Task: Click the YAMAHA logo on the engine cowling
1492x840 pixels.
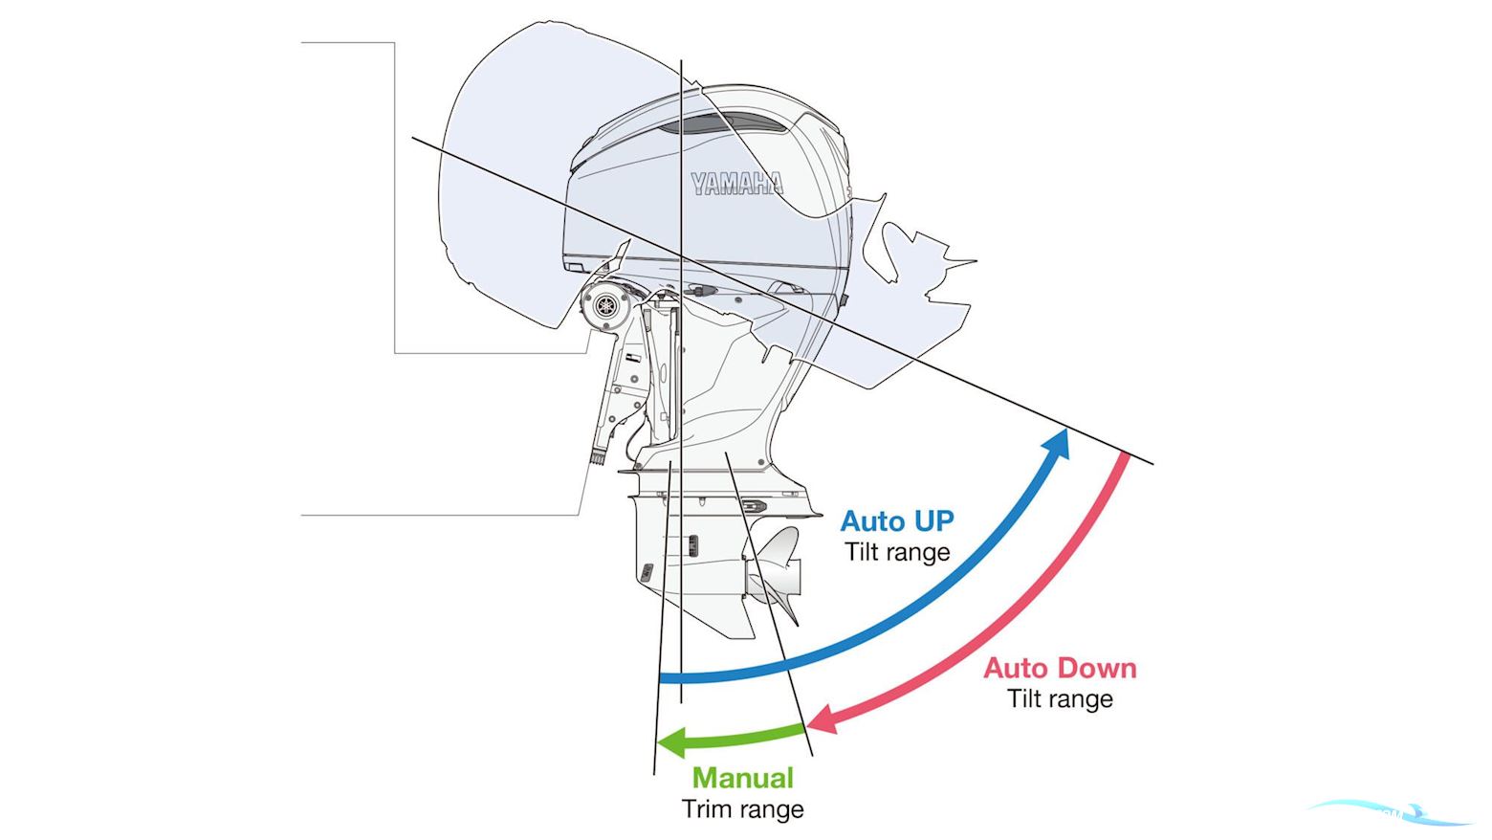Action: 736,184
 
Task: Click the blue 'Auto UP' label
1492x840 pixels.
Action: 896,521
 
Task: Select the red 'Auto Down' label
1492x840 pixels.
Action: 1060,668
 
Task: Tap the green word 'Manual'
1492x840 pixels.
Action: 742,778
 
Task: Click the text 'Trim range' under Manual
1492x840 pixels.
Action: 742,809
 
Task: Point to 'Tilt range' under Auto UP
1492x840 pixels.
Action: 896,552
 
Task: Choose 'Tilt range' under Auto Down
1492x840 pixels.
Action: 1060,698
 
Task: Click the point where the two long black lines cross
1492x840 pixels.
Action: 681,255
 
